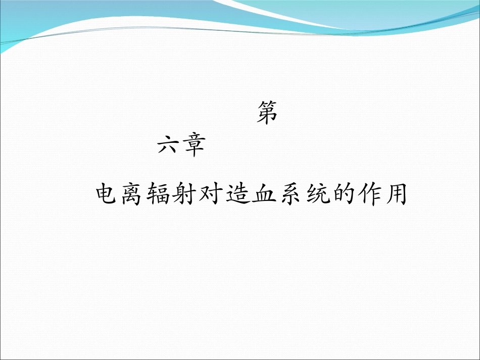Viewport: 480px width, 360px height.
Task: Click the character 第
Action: pos(267,112)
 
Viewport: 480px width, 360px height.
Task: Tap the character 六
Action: pos(168,146)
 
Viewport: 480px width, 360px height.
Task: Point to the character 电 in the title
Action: pos(108,194)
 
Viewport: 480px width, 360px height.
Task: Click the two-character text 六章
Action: pos(180,146)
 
